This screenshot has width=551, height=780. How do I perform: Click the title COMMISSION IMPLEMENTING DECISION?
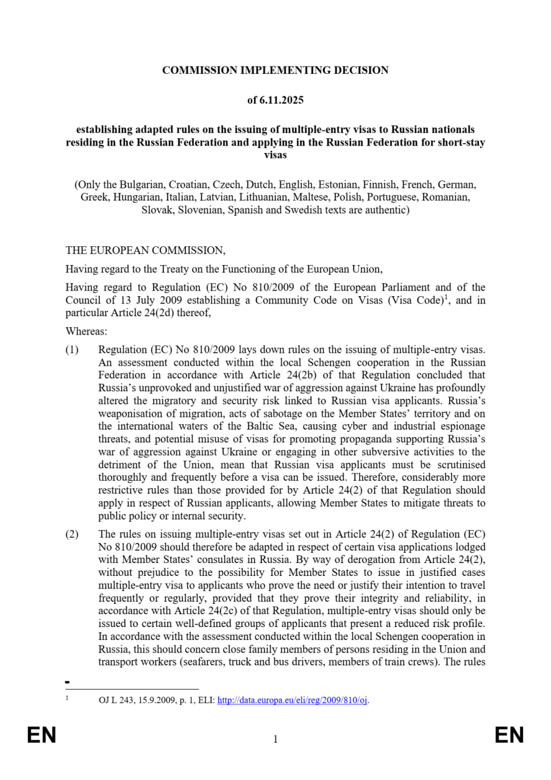275,70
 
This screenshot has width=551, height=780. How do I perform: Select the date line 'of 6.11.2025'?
275,100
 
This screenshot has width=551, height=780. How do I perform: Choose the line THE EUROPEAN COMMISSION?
145,250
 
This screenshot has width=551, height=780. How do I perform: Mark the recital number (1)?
73,350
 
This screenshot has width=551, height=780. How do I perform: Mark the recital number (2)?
73,534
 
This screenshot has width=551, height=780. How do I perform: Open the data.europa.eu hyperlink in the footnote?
293,700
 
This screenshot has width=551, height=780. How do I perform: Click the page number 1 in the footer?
275,740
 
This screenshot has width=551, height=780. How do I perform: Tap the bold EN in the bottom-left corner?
41,736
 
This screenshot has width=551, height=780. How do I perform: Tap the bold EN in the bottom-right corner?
509,736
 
